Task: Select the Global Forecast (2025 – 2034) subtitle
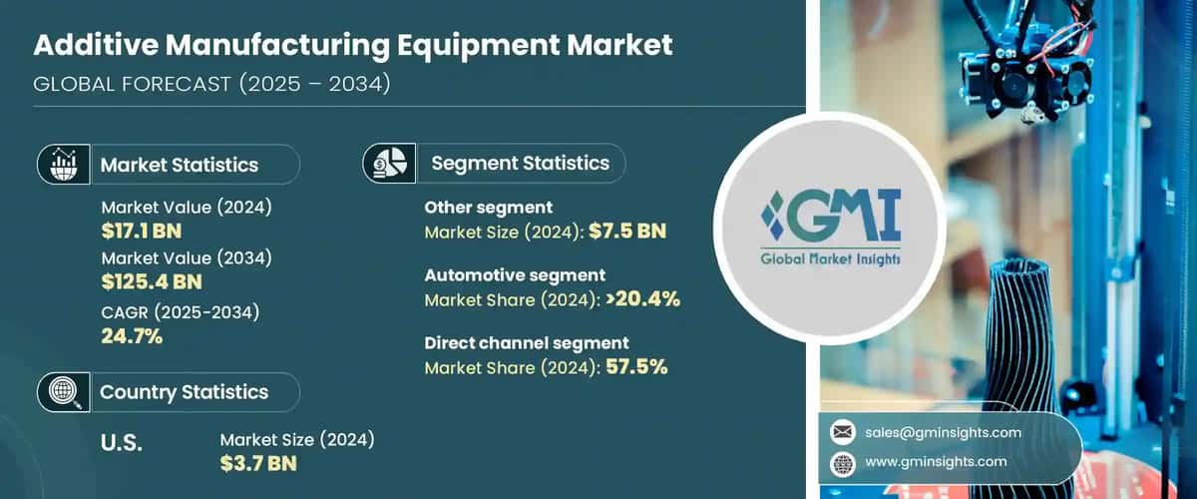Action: pos(211,85)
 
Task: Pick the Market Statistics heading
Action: pos(180,166)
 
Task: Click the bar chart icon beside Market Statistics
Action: pos(63,165)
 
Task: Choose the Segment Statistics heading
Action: pos(520,163)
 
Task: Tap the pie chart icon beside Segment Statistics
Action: pos(387,163)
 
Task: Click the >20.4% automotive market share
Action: pos(639,299)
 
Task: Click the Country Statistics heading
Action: pos(184,392)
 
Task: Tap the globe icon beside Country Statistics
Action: pos(63,392)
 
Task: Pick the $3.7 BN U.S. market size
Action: pos(258,463)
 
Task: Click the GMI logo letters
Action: pos(832,218)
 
